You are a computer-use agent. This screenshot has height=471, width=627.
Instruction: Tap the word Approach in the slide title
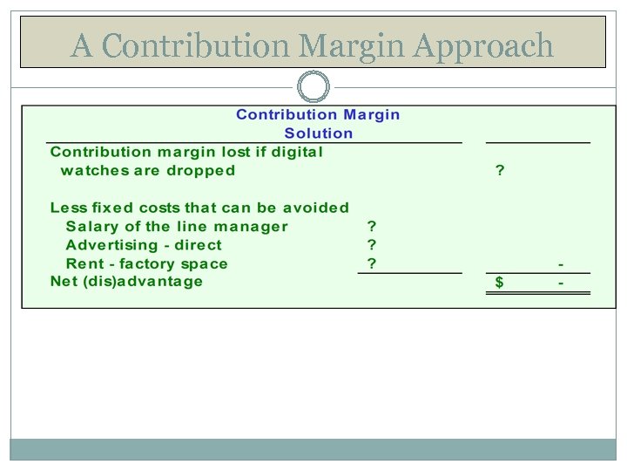click(483, 44)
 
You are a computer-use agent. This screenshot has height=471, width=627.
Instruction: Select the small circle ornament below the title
click(313, 86)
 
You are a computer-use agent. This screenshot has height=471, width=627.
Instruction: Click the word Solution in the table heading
click(319, 133)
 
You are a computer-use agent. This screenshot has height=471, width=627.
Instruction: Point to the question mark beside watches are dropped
click(499, 171)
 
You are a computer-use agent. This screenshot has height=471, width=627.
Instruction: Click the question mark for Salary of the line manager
click(372, 227)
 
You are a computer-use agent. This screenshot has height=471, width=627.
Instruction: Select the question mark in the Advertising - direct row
click(372, 245)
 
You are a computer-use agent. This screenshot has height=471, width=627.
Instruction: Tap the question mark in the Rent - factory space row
click(372, 263)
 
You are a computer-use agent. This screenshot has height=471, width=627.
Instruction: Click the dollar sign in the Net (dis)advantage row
click(499, 283)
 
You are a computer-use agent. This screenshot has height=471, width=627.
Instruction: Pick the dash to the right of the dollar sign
click(561, 283)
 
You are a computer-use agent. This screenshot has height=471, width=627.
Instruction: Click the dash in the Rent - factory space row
click(561, 263)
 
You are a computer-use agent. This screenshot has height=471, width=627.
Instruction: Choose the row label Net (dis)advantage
click(126, 282)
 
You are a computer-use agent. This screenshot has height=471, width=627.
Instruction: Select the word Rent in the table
click(82, 263)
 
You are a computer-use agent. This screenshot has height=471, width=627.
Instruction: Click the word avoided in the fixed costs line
click(315, 208)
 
